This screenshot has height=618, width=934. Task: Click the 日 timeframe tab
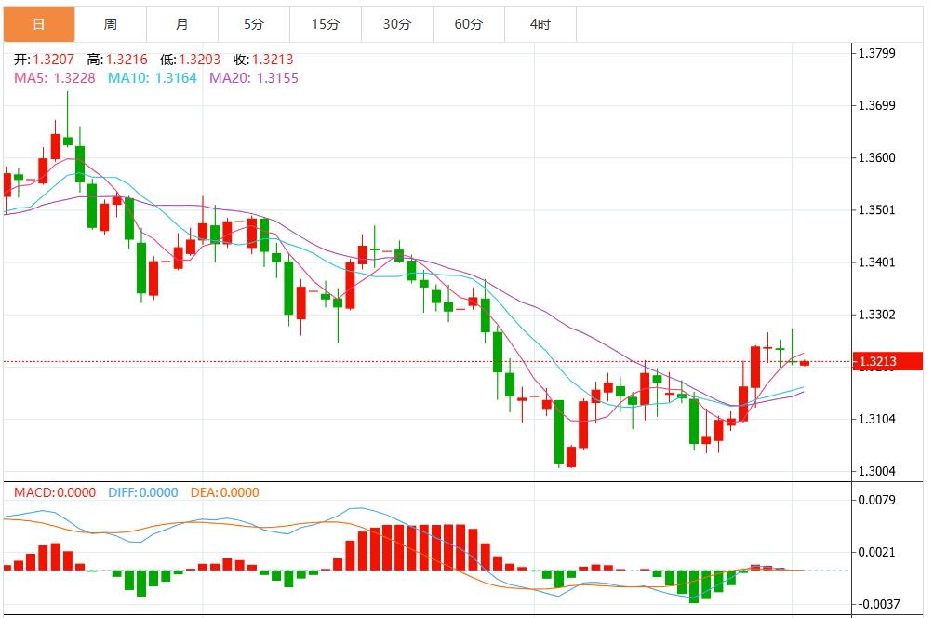[x=39, y=24]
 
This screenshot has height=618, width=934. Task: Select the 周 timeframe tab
[x=111, y=24]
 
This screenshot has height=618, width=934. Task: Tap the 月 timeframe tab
[x=181, y=24]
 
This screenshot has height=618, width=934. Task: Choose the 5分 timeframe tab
[x=253, y=24]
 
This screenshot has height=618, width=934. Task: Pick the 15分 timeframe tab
[x=325, y=24]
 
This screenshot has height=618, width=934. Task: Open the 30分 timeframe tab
[x=396, y=24]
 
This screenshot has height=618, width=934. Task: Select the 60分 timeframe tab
[x=468, y=24]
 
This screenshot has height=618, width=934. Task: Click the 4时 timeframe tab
[x=540, y=24]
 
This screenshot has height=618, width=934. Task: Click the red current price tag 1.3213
[x=887, y=361]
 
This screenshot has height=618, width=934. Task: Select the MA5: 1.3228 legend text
[x=54, y=78]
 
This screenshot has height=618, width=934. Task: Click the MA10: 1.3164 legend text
[x=153, y=78]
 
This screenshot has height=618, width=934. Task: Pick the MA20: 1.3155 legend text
[x=254, y=78]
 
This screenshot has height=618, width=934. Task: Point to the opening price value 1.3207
[x=53, y=60]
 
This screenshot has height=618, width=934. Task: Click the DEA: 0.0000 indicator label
[x=224, y=492]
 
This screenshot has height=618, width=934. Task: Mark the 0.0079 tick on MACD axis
[x=875, y=500]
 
